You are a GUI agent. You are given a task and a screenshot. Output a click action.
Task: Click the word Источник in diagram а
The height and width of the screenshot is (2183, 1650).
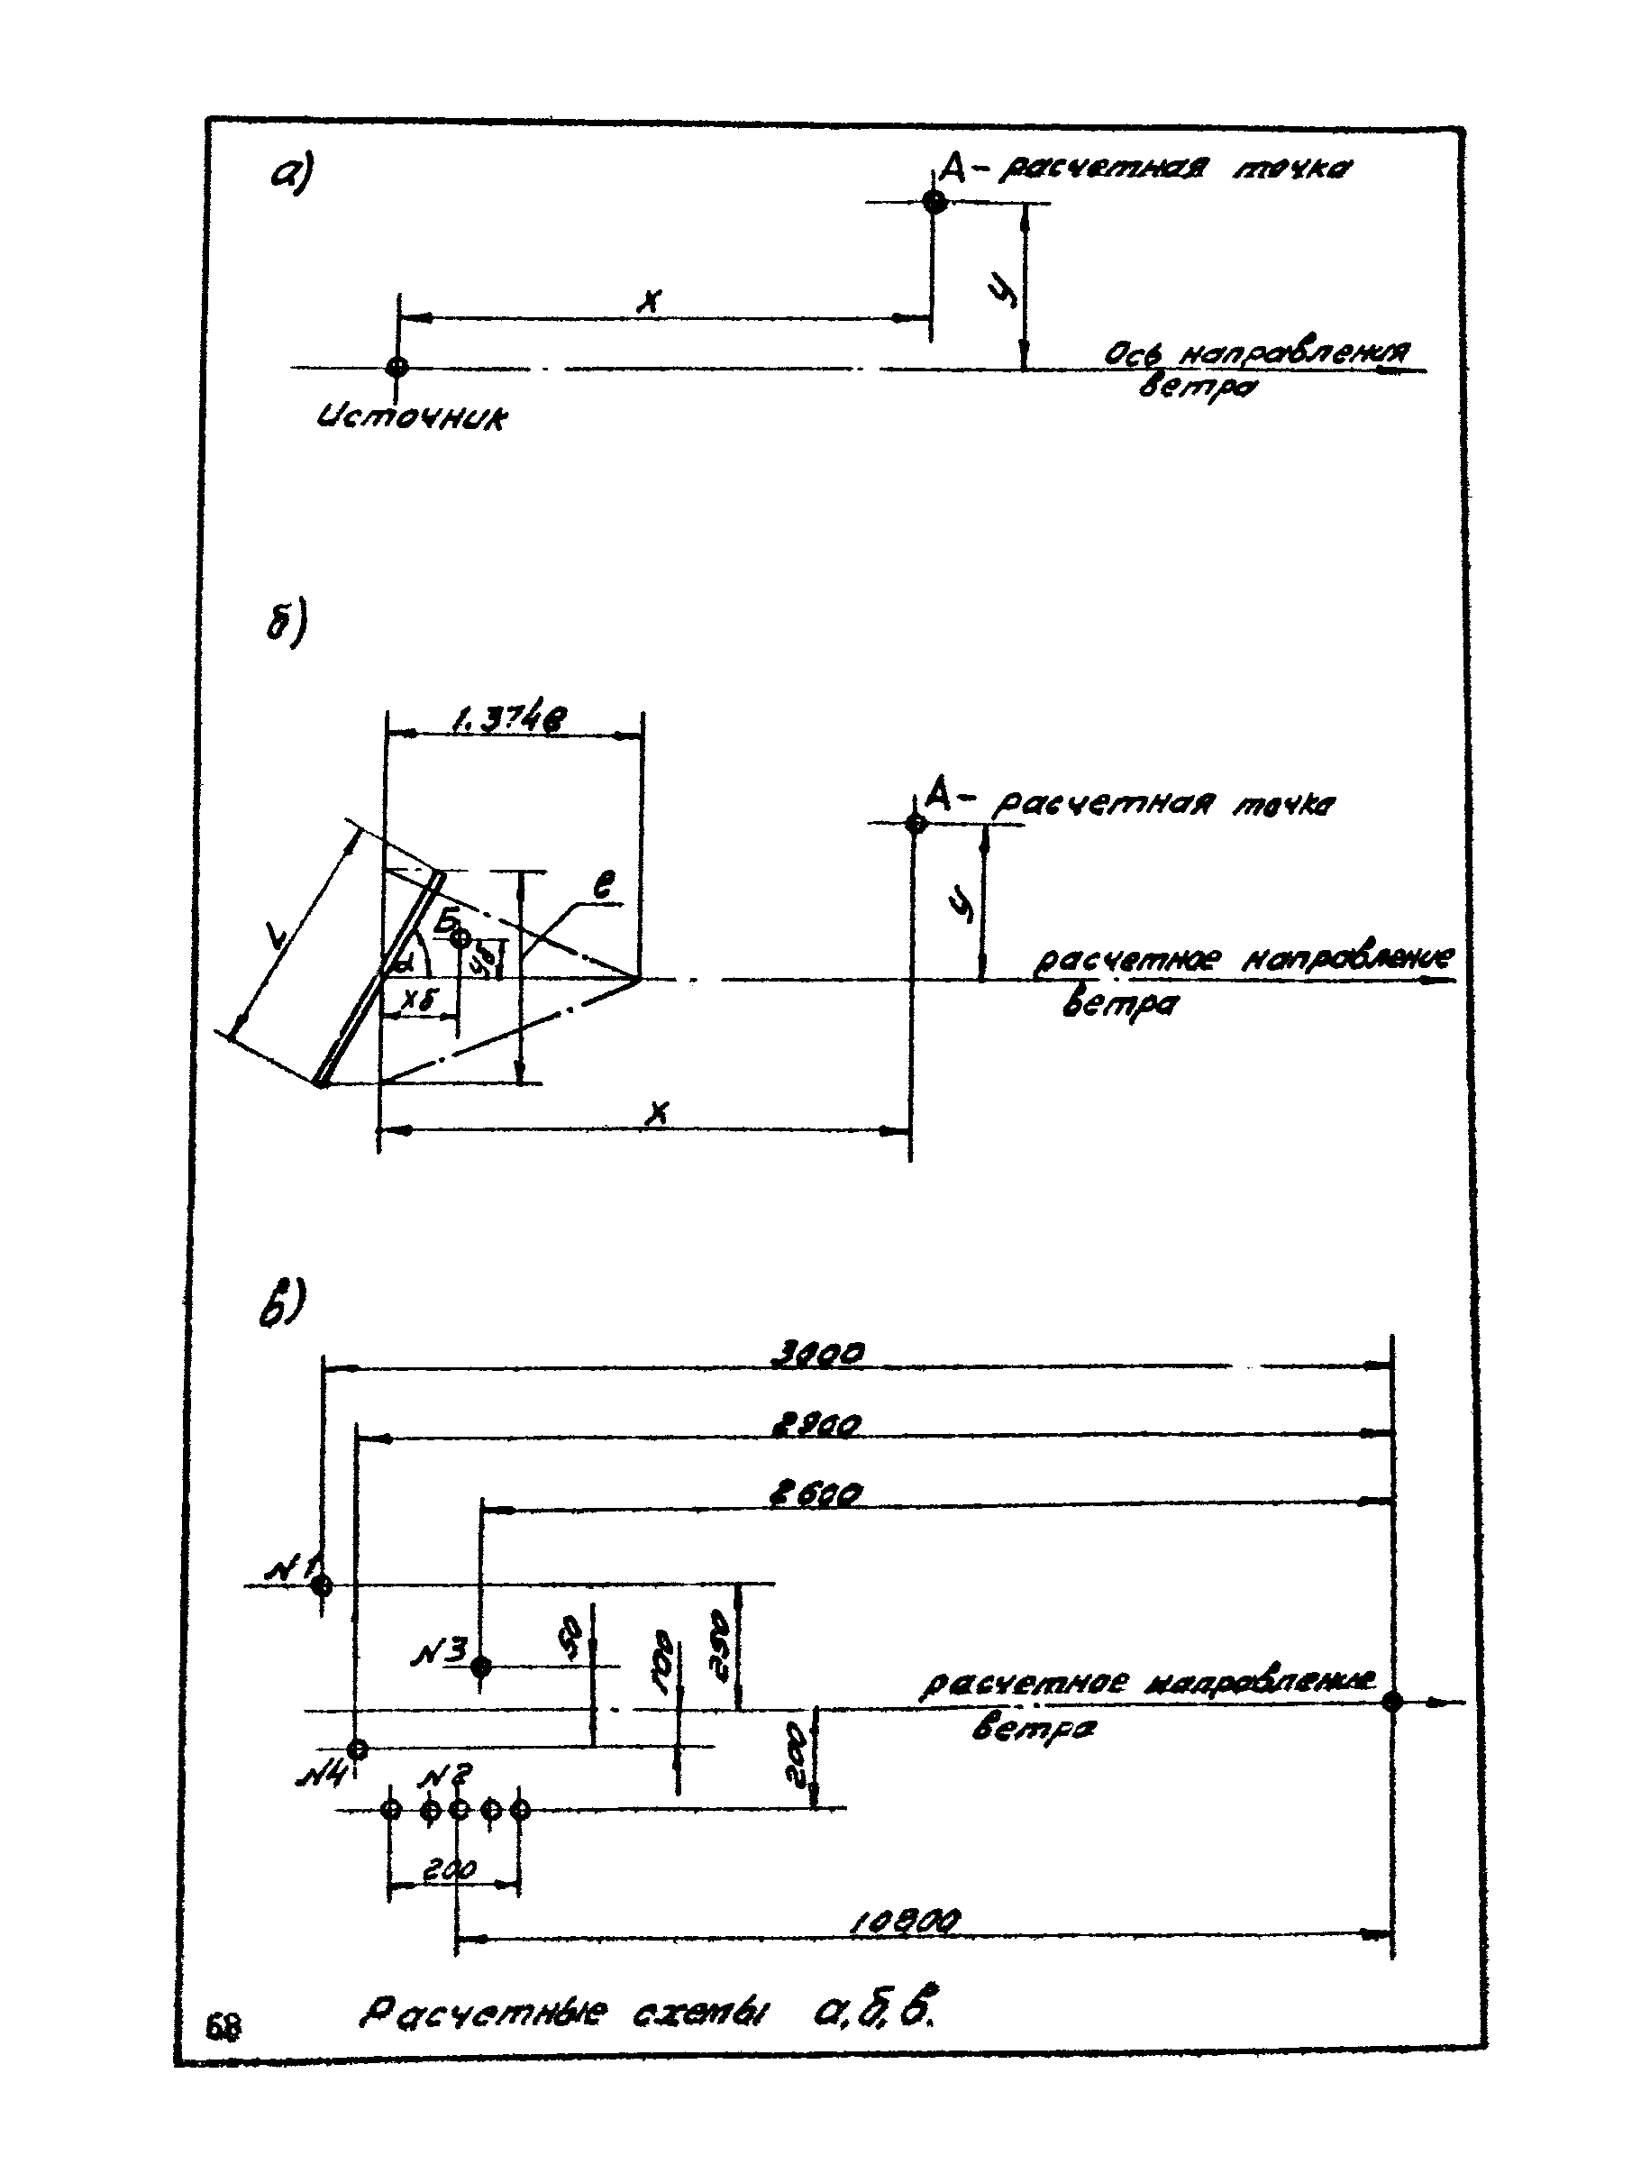[x=412, y=419]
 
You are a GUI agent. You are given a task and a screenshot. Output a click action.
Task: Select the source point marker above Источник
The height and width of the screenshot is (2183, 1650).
[x=397, y=366]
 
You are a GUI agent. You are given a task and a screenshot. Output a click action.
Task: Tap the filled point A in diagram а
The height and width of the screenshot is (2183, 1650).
[x=934, y=202]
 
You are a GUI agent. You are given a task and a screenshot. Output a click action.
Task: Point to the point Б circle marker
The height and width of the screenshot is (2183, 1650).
[x=460, y=937]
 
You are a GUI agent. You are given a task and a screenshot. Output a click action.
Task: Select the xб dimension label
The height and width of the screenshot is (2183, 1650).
[x=417, y=1000]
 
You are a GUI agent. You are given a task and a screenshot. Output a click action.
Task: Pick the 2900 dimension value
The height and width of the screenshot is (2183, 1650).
[x=816, y=1425]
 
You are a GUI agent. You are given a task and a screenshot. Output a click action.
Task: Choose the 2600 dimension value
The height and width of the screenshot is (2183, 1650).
[x=816, y=1495]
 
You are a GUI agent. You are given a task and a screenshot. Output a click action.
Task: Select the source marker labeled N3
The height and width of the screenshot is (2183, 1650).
[x=480, y=1667]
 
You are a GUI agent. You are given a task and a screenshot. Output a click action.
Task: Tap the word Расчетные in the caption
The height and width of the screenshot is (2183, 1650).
[x=484, y=2014]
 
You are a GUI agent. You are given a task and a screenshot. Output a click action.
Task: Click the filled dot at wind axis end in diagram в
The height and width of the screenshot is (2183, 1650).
[x=1392, y=1702]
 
